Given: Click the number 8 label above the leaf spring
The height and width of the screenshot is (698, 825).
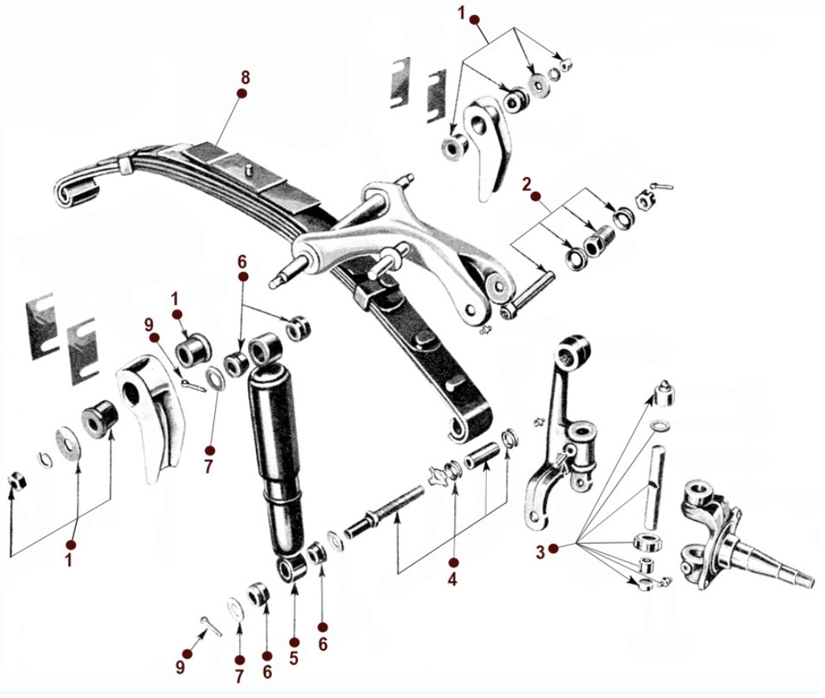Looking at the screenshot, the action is (x=245, y=77).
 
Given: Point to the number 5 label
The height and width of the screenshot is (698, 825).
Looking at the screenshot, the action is (x=294, y=658).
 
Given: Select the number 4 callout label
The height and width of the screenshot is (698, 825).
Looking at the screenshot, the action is (x=453, y=579).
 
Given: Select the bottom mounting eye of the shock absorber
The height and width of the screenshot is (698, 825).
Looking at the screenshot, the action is (x=292, y=569).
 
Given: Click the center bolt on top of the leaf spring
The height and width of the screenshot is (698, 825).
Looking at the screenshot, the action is (x=248, y=169).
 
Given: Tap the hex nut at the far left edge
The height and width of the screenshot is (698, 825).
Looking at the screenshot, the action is (x=17, y=479).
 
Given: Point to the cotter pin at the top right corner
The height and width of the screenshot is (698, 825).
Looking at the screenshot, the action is (x=664, y=186).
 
